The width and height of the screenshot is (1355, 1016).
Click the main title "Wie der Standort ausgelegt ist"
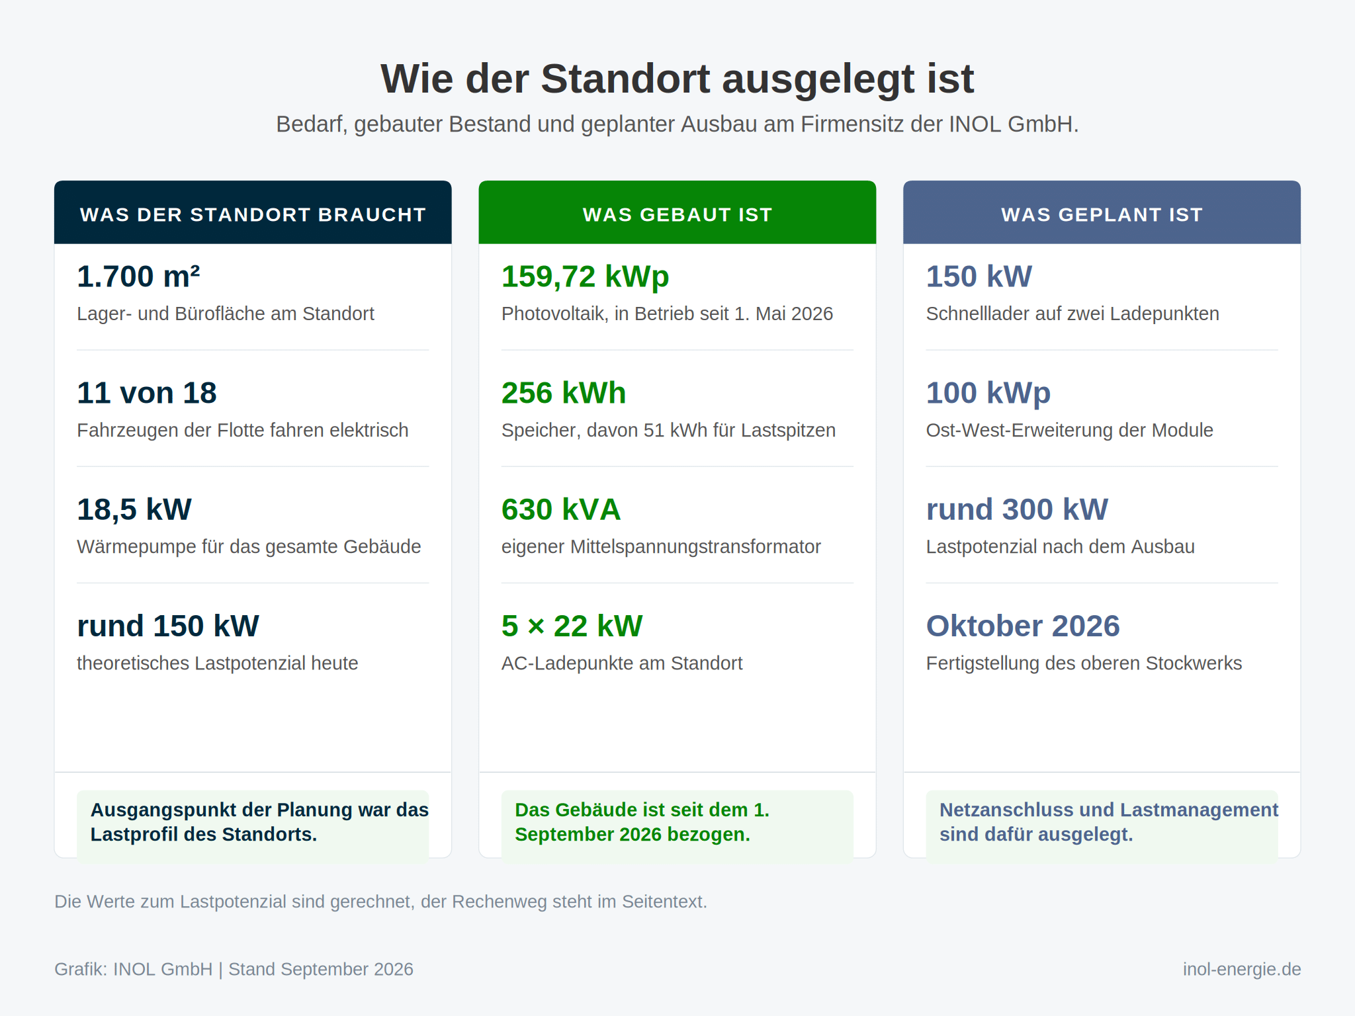click(x=677, y=79)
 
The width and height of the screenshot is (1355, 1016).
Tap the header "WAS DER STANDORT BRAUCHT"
click(x=253, y=214)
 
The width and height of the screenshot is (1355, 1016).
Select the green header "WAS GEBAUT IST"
click(x=677, y=214)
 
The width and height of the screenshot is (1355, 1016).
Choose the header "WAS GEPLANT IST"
click(x=1102, y=214)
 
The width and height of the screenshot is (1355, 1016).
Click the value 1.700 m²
click(x=138, y=276)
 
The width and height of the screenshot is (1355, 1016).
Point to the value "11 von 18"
click(x=147, y=393)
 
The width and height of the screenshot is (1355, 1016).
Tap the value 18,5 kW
click(x=134, y=509)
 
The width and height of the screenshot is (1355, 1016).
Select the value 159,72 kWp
click(x=586, y=276)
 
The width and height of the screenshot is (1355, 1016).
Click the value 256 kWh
click(x=564, y=393)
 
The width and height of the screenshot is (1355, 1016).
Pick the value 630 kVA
click(x=561, y=509)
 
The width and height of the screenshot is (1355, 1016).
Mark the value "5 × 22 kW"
click(x=572, y=626)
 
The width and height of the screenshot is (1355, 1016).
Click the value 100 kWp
click(x=988, y=393)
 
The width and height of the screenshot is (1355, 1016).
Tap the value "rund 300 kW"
click(x=1017, y=509)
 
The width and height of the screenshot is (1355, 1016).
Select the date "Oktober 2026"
click(x=1023, y=626)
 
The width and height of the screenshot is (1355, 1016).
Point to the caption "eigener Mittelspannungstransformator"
click(x=661, y=547)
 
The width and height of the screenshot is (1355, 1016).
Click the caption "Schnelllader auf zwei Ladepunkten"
click(x=1072, y=314)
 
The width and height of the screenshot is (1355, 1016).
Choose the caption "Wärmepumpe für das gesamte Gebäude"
click(x=249, y=546)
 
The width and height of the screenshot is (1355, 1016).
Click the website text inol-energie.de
click(x=1242, y=969)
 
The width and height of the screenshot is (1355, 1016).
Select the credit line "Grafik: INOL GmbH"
click(x=134, y=969)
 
